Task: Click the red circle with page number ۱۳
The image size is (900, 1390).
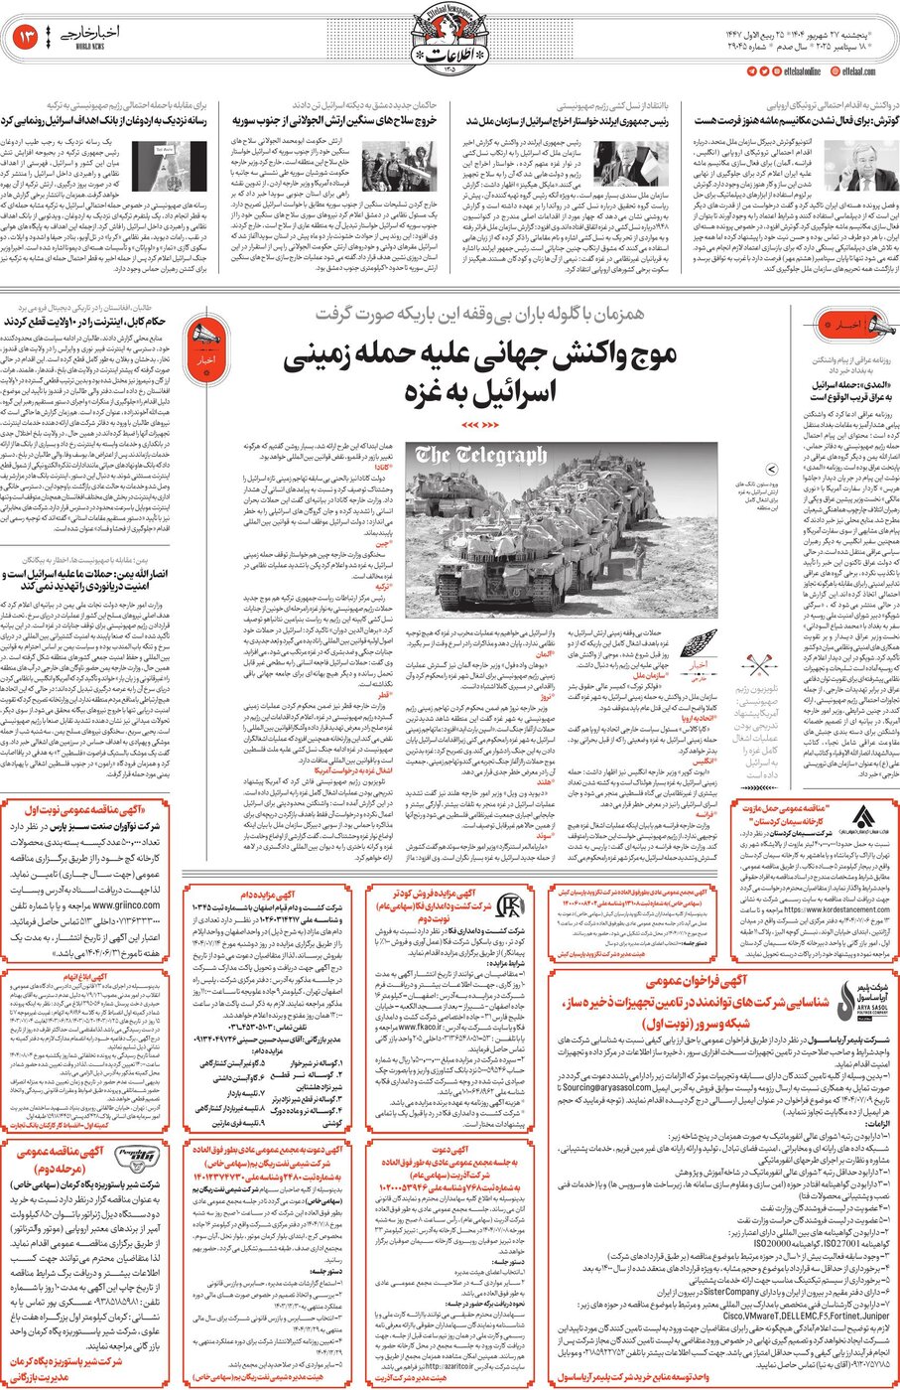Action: point(27,39)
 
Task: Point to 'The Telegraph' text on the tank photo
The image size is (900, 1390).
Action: point(481,456)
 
